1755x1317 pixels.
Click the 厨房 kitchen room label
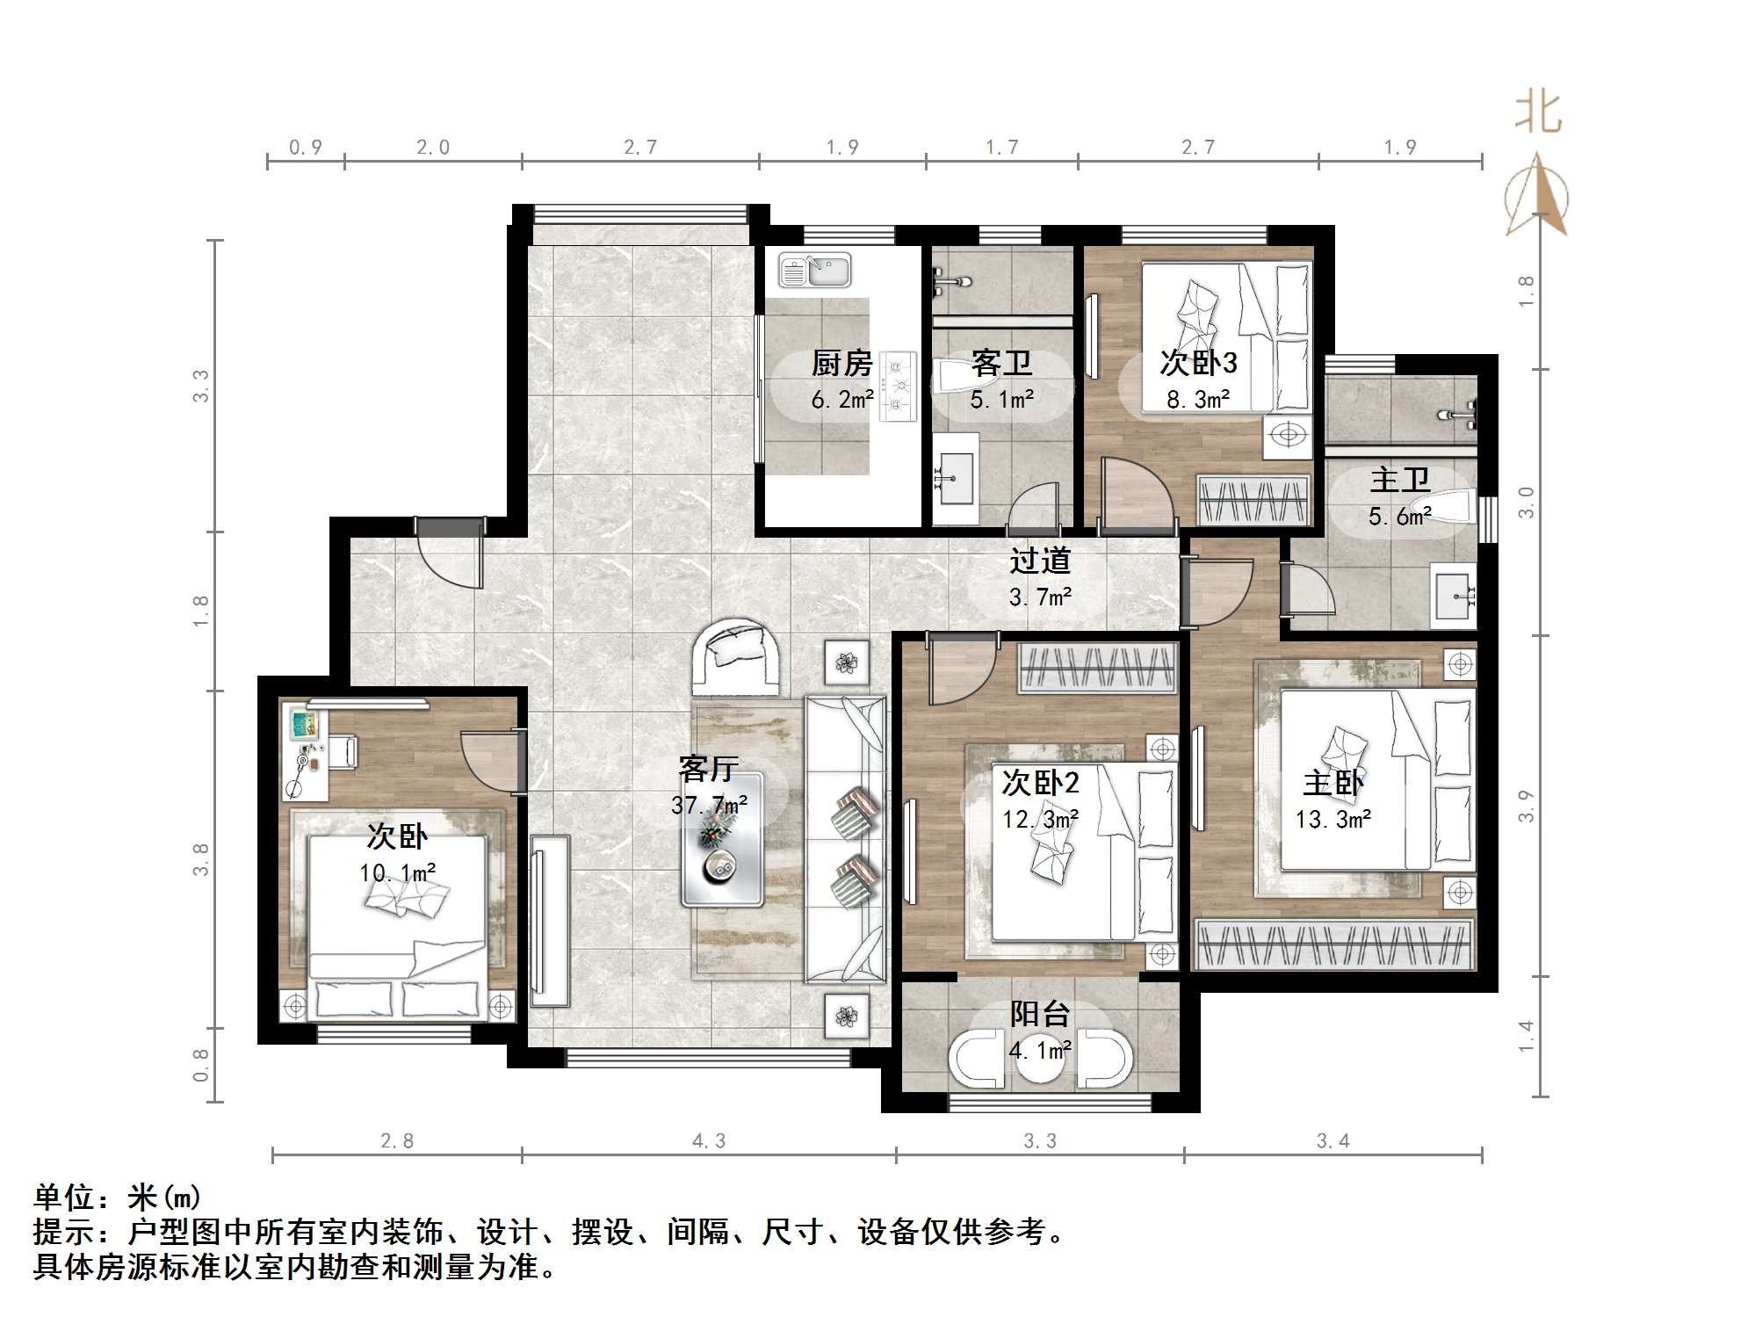pyautogui.click(x=841, y=363)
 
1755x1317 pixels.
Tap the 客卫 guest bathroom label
pyautogui.click(x=1001, y=363)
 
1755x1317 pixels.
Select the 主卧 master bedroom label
pyautogui.click(x=1333, y=783)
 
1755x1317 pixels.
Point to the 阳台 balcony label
pyautogui.click(x=1040, y=1014)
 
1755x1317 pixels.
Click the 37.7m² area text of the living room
pyautogui.click(x=710, y=805)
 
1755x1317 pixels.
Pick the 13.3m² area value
pyautogui.click(x=1333, y=820)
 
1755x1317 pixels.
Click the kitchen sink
pyautogui.click(x=815, y=271)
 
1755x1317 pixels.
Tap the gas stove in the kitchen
pyautogui.click(x=899, y=382)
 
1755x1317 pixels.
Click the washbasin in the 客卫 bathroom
pyautogui.click(x=957, y=478)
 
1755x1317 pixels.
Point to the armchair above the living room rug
pyautogui.click(x=736, y=657)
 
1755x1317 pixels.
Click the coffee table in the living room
pyautogui.click(x=722, y=839)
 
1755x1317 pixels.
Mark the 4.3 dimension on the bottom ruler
pyautogui.click(x=709, y=1140)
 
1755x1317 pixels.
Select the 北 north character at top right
pyautogui.click(x=1538, y=113)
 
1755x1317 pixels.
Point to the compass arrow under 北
pyautogui.click(x=1536, y=195)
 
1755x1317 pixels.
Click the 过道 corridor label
pyautogui.click(x=1040, y=561)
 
